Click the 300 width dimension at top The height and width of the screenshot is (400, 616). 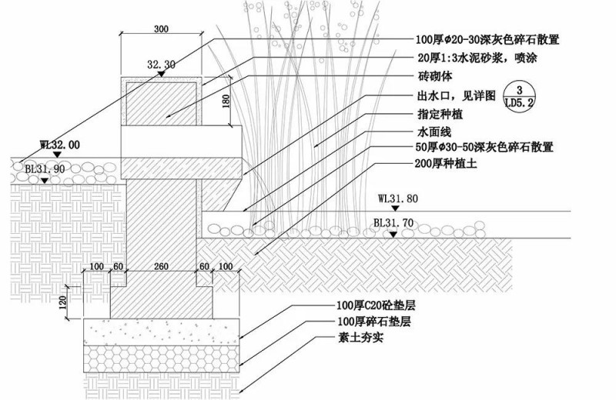tap(161, 28)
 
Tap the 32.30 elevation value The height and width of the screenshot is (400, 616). tap(161, 64)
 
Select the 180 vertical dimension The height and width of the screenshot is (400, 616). tap(226, 102)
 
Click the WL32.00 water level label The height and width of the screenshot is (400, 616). tap(60, 145)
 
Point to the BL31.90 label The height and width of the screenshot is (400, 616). tap(45, 169)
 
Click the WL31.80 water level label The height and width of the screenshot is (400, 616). tap(398, 198)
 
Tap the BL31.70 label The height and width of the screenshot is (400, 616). tap(393, 223)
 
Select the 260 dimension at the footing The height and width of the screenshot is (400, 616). tap(161, 266)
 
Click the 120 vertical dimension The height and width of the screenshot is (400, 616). tap(63, 302)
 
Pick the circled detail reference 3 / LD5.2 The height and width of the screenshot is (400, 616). tap(519, 96)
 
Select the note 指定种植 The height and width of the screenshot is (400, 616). tap(440, 114)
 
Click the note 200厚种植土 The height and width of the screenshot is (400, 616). tap(446, 164)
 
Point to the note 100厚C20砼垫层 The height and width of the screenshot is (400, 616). tap(377, 305)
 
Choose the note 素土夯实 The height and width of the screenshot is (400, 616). tap(360, 338)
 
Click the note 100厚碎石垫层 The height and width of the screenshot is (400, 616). tap(374, 322)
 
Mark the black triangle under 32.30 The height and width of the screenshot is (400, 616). tap(161, 73)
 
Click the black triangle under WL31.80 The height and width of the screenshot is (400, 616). tap(395, 208)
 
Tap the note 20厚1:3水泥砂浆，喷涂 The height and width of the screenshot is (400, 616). tap(477, 58)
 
